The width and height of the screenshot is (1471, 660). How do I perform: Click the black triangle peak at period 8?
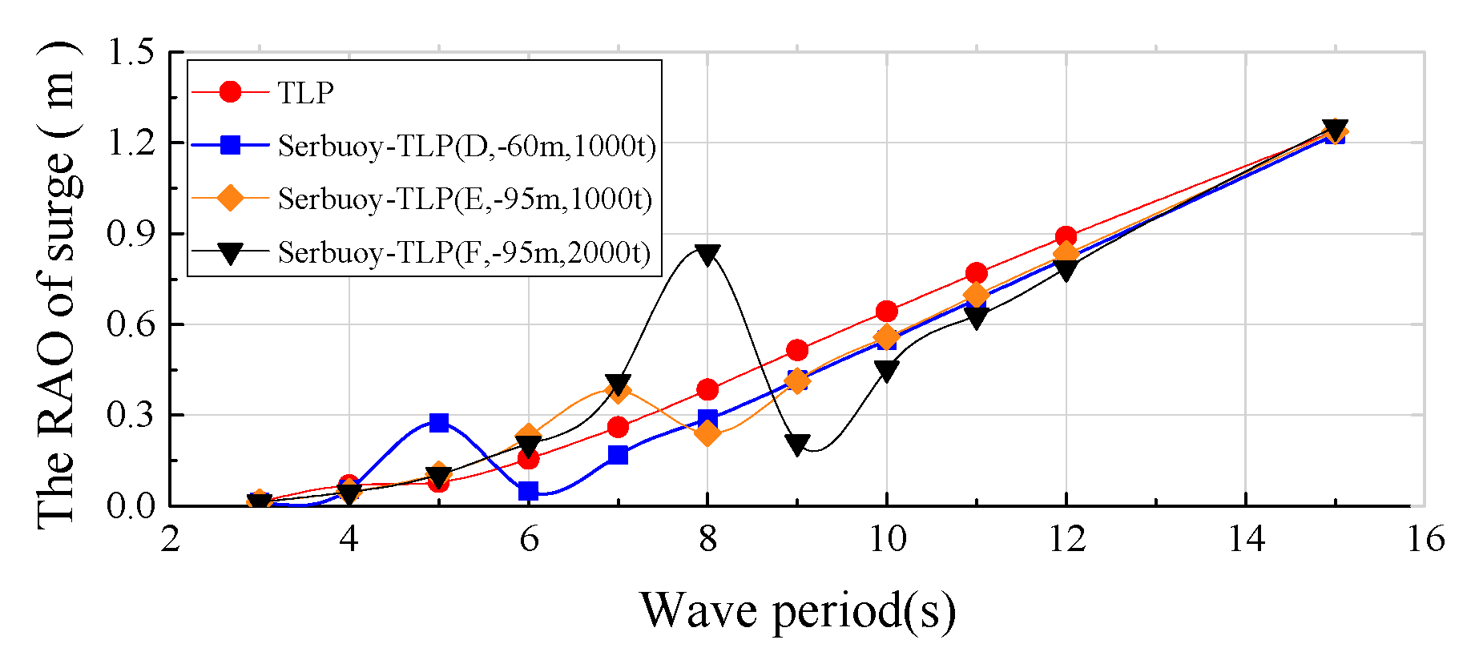tap(707, 255)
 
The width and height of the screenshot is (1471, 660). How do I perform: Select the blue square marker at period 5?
tap(438, 422)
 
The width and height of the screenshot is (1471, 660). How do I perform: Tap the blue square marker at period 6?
tap(528, 491)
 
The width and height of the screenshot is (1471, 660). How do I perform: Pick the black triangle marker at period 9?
tap(797, 445)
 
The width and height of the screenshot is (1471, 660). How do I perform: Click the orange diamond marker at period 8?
tap(707, 433)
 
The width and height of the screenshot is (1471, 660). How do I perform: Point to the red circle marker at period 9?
tap(797, 350)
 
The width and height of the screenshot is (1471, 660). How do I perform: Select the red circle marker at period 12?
tap(1066, 236)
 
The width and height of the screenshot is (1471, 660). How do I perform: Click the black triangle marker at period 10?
tap(886, 370)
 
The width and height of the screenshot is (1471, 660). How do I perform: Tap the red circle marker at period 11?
tap(976, 273)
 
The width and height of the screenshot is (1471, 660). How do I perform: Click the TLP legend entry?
tap(305, 93)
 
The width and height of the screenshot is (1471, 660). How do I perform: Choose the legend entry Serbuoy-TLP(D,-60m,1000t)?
tap(466, 146)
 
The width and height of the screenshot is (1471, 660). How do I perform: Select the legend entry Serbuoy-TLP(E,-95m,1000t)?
tap(465, 199)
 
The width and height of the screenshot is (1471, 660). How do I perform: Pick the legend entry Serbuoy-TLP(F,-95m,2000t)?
tap(465, 252)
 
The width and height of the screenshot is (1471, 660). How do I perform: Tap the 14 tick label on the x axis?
tap(1246, 539)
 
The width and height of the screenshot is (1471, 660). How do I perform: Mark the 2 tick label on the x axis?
tap(170, 539)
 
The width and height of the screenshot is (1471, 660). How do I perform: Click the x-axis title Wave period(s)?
tap(797, 610)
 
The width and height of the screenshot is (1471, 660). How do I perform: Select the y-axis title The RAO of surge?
tap(58, 284)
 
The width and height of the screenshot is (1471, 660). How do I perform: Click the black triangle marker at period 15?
tap(1335, 130)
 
